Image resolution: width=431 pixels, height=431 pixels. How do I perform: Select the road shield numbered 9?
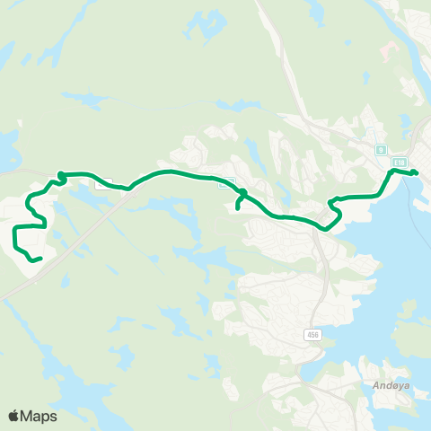[x=381, y=150]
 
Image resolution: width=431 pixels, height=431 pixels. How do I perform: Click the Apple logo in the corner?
[x=14, y=416]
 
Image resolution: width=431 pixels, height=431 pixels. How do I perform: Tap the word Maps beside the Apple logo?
[x=39, y=416]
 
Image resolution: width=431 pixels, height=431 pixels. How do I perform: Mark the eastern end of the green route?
[x=417, y=172]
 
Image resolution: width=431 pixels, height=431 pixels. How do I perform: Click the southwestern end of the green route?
[x=40, y=259]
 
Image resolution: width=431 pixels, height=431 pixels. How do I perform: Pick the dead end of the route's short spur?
[x=237, y=209]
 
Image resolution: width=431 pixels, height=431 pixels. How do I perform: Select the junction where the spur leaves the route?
[x=243, y=193]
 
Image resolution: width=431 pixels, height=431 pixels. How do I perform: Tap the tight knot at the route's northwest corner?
[x=61, y=176]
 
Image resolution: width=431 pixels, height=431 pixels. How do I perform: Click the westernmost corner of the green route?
[x=15, y=232]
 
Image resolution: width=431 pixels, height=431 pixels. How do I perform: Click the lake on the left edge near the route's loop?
[x=7, y=144]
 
